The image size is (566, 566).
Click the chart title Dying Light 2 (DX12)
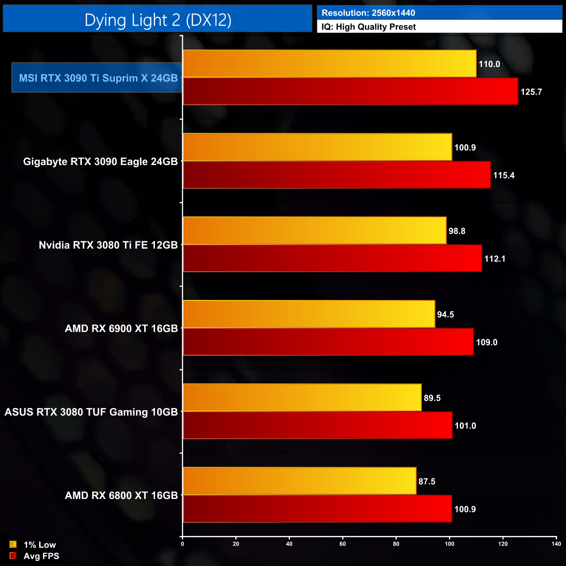tap(158, 20)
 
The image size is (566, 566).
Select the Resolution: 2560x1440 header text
tap(368, 13)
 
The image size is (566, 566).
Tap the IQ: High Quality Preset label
tap(369, 27)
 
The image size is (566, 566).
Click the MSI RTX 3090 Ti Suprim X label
tap(98, 78)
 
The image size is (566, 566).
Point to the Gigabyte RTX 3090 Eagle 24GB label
tap(101, 162)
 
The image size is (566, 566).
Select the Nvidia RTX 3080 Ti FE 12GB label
tap(108, 245)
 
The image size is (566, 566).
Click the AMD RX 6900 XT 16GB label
tap(121, 329)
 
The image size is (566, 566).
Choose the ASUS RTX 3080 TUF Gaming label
tap(91, 412)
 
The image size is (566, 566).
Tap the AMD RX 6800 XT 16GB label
tap(121, 495)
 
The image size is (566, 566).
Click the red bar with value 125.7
tap(350, 91)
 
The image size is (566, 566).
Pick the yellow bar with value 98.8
tap(315, 231)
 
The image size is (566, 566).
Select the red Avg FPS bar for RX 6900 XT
tap(328, 342)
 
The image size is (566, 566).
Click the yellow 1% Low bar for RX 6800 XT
tap(300, 481)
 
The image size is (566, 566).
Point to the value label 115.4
tap(504, 175)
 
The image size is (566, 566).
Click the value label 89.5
tap(432, 398)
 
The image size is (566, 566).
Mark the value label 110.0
tap(489, 64)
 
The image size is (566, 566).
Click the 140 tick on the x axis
tap(556, 544)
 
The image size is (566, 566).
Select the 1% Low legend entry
tap(33, 545)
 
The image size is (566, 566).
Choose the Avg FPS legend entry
tap(34, 556)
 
